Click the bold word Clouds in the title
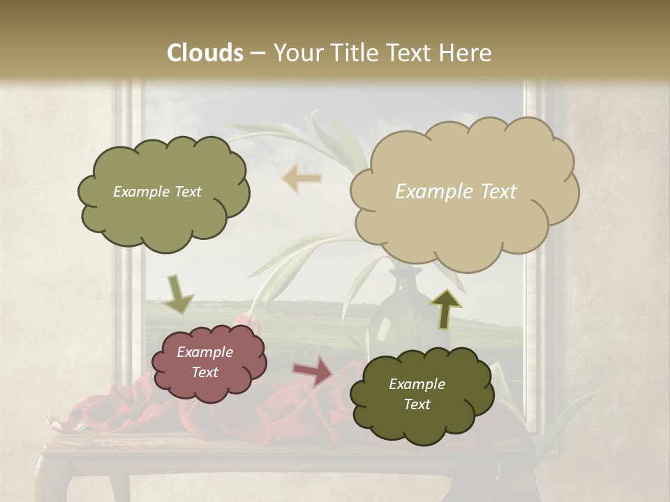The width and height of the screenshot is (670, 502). [205, 53]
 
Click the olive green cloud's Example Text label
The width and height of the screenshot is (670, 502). [157, 192]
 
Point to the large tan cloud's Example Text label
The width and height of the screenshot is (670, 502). [456, 192]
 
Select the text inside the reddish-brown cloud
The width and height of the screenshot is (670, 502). [205, 362]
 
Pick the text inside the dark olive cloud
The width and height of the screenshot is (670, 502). [417, 394]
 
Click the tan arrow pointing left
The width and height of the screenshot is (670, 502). [301, 178]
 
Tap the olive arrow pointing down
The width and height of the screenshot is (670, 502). [179, 295]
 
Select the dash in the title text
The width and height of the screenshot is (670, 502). [258, 53]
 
